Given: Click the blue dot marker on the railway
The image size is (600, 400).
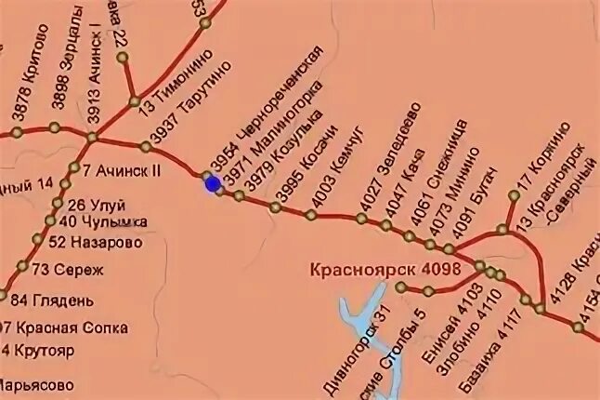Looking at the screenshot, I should coord(213,184).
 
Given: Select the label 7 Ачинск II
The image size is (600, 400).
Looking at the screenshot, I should coord(122,171).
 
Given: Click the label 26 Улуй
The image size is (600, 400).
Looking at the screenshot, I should coord(96,205).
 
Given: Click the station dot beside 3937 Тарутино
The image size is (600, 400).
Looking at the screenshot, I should coord(146,146).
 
